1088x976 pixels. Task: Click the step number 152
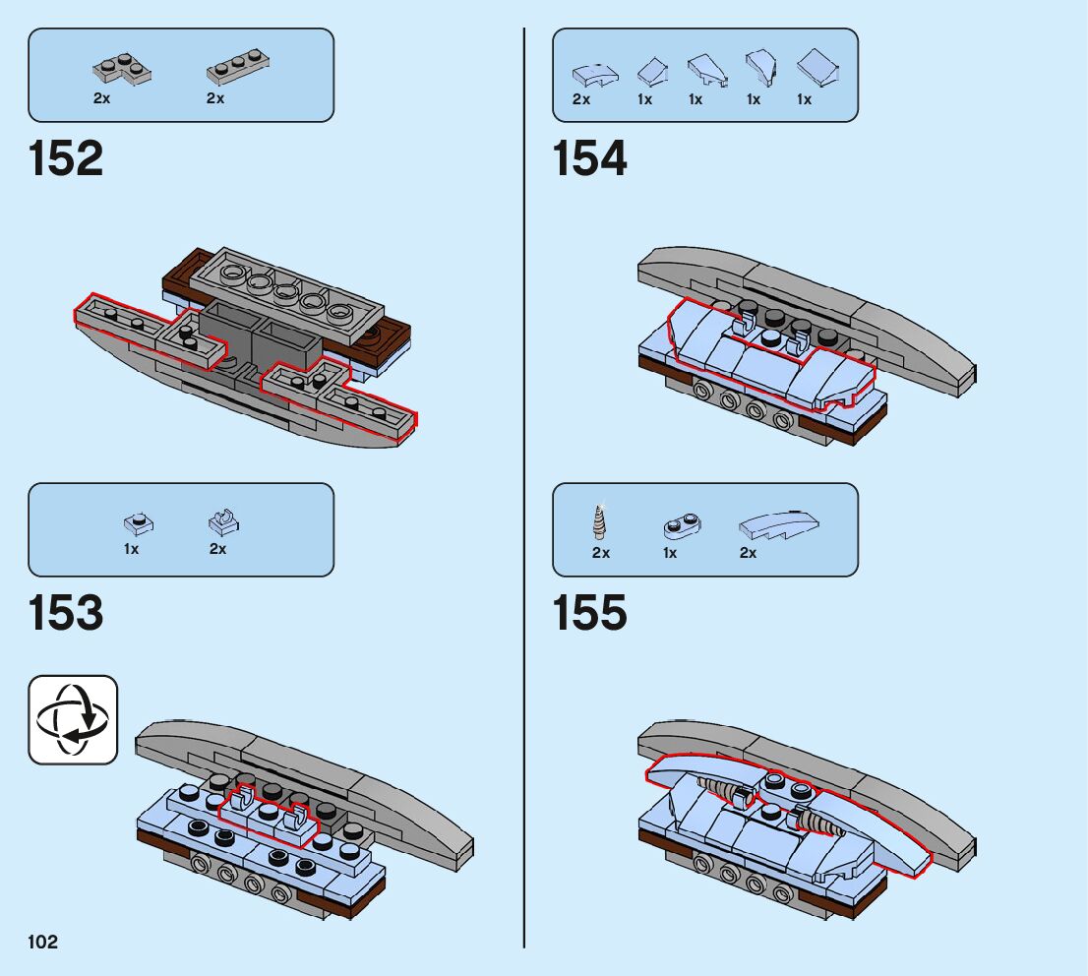(x=66, y=159)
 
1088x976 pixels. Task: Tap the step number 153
(x=66, y=614)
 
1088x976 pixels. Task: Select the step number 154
(x=590, y=159)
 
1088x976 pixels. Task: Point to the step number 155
(x=590, y=614)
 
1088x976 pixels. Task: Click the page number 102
(x=43, y=943)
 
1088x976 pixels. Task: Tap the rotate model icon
(x=73, y=719)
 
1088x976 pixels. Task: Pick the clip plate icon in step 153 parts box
(x=224, y=521)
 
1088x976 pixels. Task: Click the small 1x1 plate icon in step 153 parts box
(x=136, y=522)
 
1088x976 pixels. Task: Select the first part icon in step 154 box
(x=595, y=73)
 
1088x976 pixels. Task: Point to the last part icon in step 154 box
(x=816, y=69)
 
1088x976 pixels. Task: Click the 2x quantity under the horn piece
(x=601, y=553)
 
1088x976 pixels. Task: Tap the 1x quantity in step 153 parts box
(x=132, y=549)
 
